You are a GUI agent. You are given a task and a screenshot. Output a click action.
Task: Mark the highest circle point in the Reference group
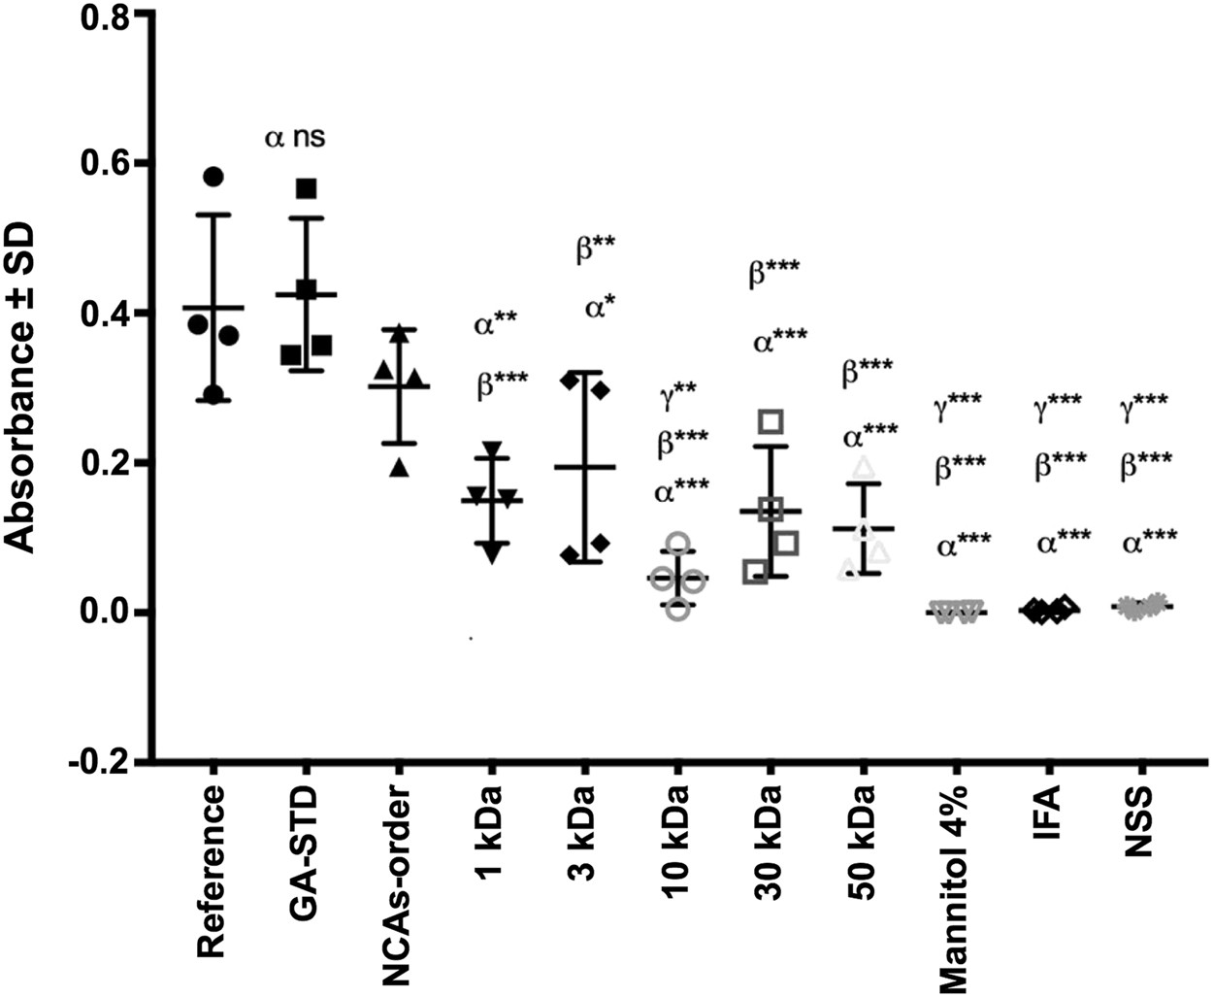(x=213, y=177)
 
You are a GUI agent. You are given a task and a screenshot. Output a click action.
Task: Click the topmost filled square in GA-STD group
(x=307, y=188)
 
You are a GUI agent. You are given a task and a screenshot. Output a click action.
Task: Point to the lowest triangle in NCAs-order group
(x=399, y=469)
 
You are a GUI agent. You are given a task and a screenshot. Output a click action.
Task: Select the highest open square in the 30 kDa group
(x=771, y=420)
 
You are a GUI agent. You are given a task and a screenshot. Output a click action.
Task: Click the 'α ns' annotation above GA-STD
(x=295, y=138)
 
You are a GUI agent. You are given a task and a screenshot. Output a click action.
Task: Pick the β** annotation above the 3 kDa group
(x=595, y=248)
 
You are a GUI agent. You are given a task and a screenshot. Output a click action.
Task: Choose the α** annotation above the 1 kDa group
(x=495, y=324)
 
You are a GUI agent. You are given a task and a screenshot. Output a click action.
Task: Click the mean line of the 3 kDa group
(x=584, y=467)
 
